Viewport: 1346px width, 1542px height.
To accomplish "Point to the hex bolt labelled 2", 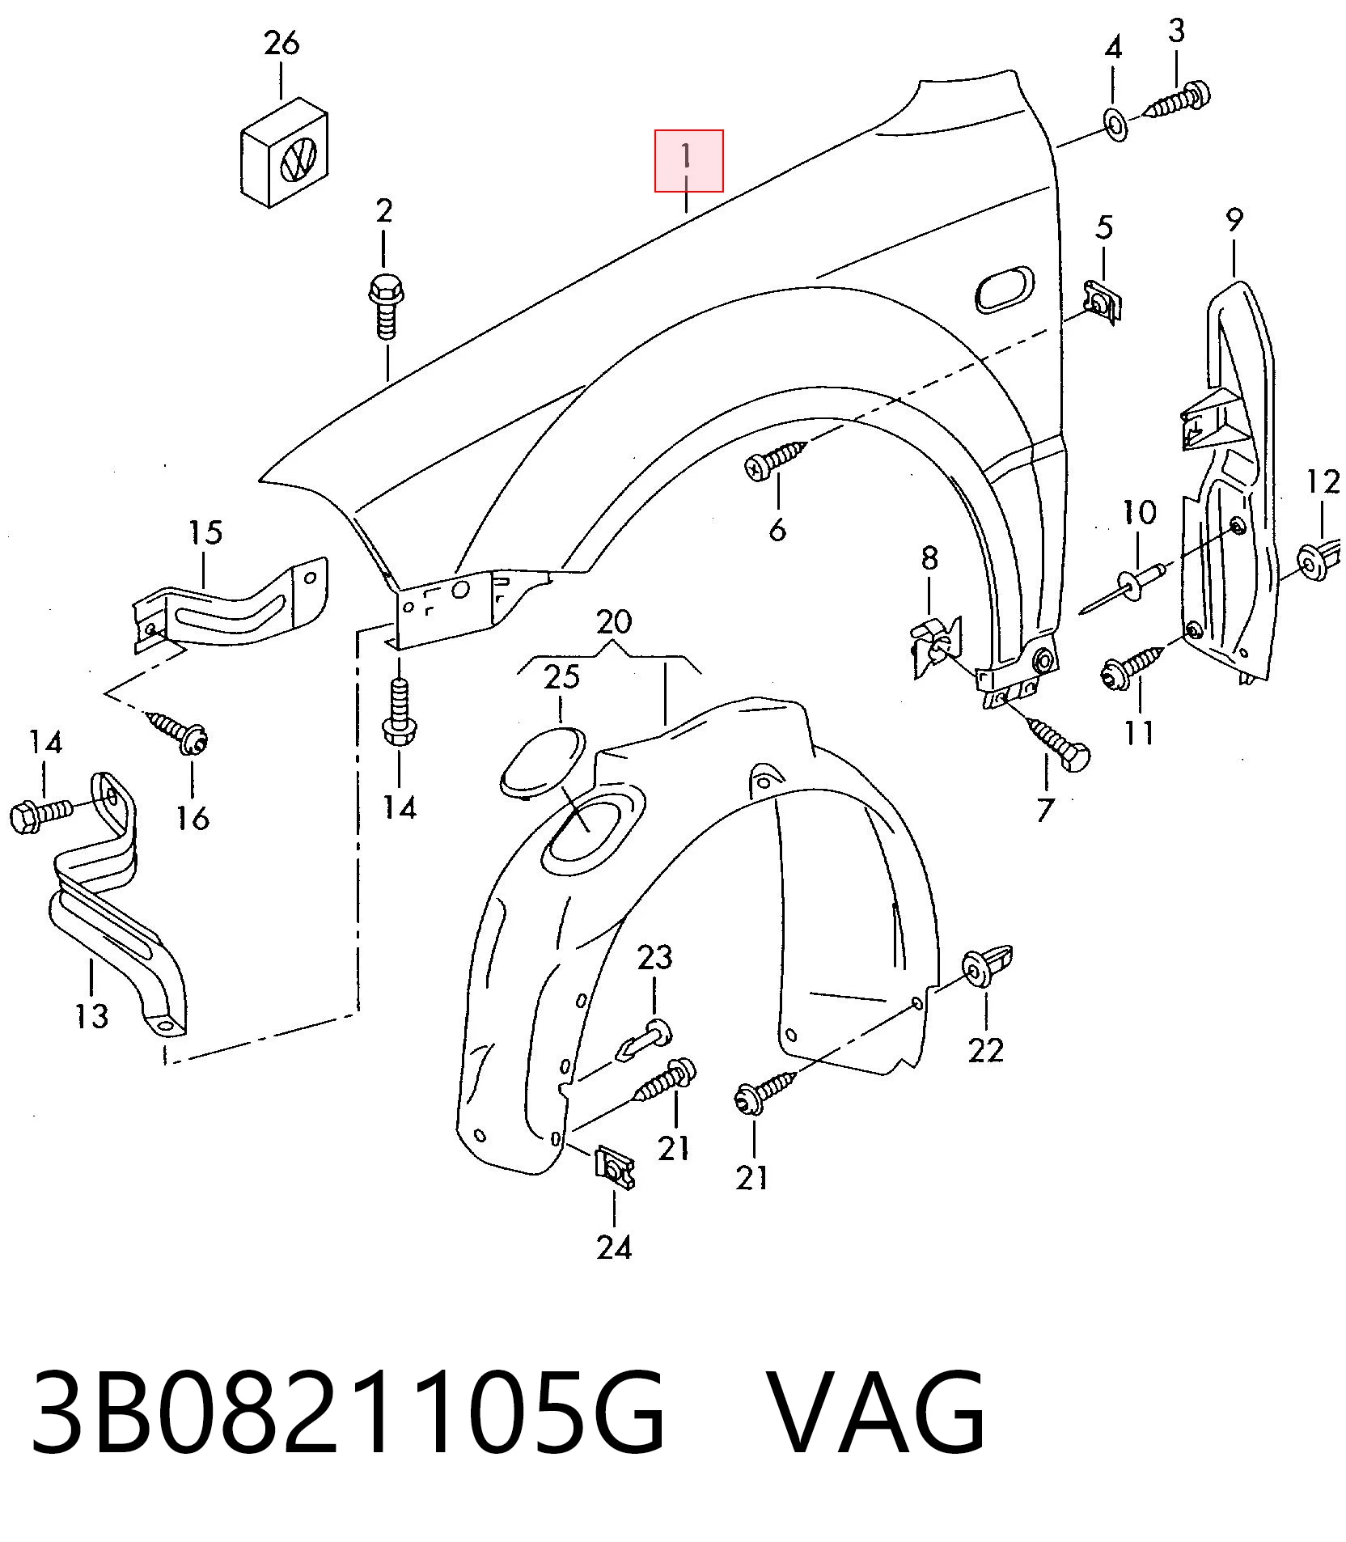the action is click(386, 308).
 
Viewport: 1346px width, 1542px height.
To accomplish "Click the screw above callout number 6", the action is click(776, 459).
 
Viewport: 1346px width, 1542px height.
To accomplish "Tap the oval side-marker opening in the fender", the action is click(1005, 288).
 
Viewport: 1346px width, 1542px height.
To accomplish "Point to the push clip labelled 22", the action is click(988, 965).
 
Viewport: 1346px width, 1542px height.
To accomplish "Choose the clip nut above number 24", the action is click(616, 1166).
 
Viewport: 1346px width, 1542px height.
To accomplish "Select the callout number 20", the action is click(614, 622).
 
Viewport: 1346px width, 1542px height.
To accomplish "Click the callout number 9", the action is click(1234, 219).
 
